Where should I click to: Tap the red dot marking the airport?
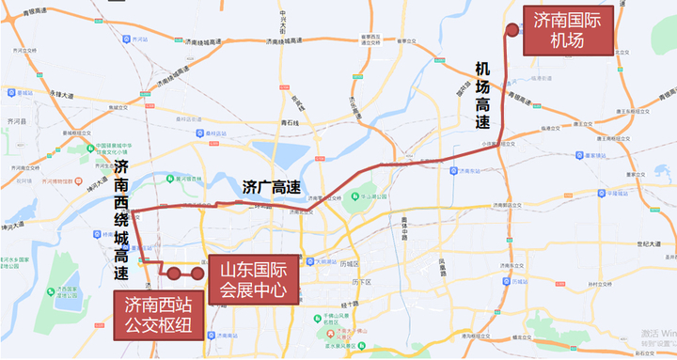512,29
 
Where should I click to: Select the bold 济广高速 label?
271,186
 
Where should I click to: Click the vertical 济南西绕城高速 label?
121,220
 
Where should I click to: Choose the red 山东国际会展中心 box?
252,280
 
